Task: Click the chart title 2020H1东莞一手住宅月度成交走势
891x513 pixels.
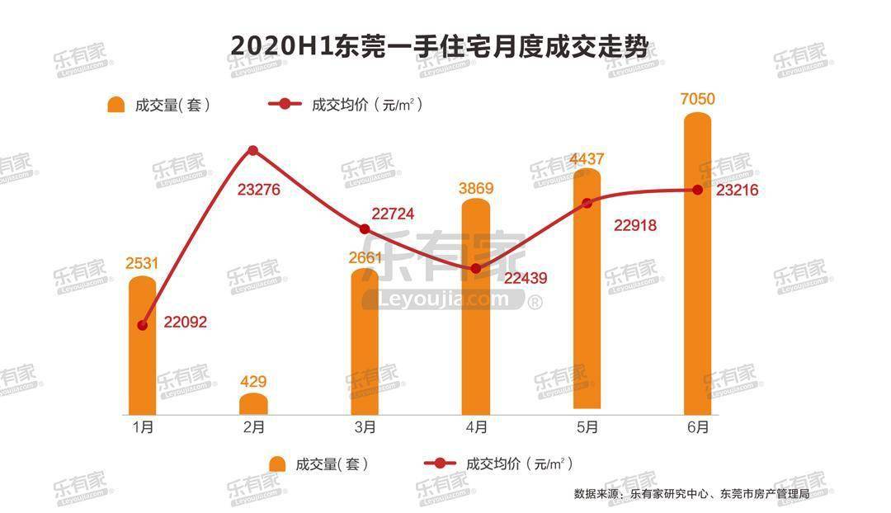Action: (445, 45)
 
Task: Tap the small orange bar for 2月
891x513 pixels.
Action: (253, 404)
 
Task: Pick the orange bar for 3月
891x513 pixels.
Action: (365, 342)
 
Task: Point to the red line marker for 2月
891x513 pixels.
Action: (253, 150)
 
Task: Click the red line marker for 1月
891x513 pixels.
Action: (143, 326)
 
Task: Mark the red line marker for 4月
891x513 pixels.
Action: (476, 269)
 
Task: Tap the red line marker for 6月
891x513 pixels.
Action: (698, 190)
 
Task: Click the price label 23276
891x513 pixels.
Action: (259, 190)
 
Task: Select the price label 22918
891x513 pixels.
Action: (635, 225)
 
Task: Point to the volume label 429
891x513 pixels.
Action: (253, 382)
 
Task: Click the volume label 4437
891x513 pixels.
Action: (587, 158)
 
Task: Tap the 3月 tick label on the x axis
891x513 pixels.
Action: (365, 427)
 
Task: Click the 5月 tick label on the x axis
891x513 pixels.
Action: (587, 427)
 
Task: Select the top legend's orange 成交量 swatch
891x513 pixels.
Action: (116, 105)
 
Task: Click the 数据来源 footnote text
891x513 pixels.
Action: (691, 494)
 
